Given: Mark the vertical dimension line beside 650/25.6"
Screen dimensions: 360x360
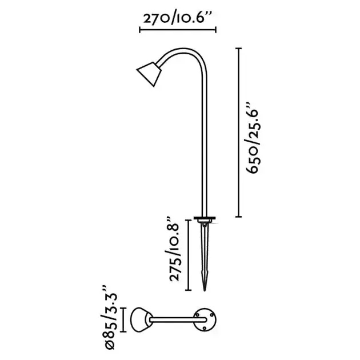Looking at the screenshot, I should click(x=238, y=133).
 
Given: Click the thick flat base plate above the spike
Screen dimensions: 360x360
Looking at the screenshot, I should click(x=203, y=218).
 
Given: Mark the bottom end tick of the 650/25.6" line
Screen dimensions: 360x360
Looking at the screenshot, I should click(x=238, y=217).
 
